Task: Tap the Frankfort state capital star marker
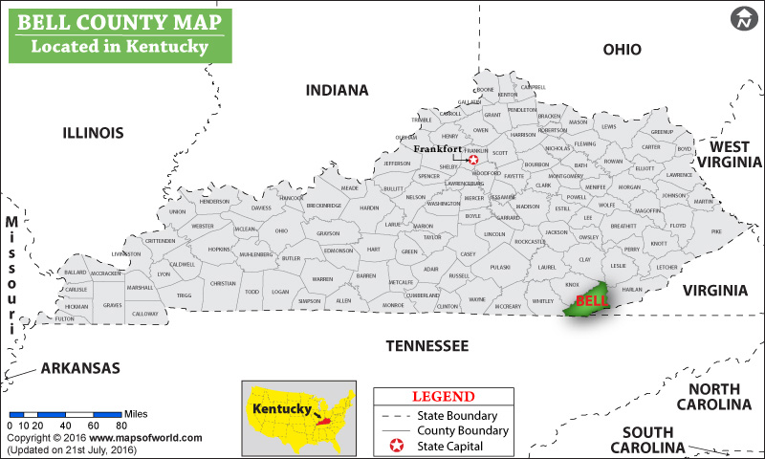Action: click(472, 160)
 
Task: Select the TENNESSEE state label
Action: click(426, 345)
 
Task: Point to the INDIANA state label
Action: click(337, 90)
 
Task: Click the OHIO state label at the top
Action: click(622, 49)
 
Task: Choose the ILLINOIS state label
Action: click(93, 132)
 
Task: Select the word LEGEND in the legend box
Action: click(443, 396)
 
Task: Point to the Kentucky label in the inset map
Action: click(281, 408)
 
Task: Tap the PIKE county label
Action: click(715, 231)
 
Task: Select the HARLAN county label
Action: click(632, 289)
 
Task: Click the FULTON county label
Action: click(65, 318)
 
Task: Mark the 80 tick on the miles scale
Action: click(121, 425)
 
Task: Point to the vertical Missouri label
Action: click(11, 273)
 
